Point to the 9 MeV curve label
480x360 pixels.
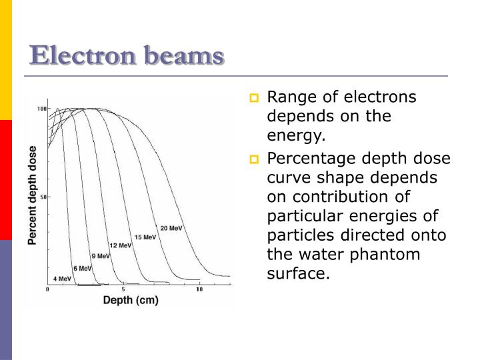tap(100, 256)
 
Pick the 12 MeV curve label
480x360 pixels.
tap(121, 245)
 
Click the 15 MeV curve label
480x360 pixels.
tap(145, 237)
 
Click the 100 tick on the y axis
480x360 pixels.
tap(42, 108)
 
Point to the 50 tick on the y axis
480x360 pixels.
tap(43, 197)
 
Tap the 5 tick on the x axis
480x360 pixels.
tap(123, 290)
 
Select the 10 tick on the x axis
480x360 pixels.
tap(199, 290)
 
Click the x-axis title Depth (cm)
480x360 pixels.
tap(131, 301)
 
